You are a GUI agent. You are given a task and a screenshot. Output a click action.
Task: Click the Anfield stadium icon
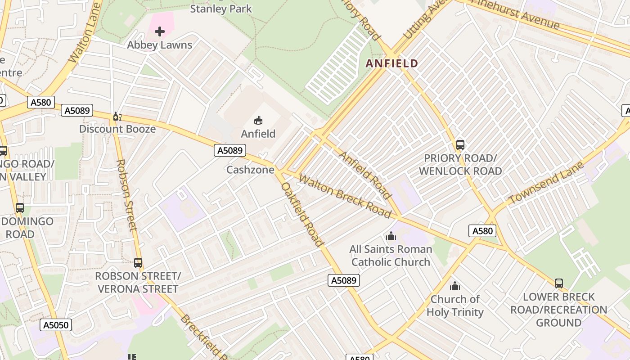point(258,120)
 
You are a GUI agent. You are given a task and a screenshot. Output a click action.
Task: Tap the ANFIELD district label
point(392,63)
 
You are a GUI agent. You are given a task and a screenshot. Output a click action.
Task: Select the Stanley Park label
point(221,9)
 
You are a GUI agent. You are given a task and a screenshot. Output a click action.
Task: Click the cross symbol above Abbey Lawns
point(160,31)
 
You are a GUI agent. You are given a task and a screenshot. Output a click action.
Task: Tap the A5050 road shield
point(56,325)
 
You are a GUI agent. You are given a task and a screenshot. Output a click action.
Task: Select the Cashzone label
point(250,170)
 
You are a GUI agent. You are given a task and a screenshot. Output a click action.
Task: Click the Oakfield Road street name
point(302,214)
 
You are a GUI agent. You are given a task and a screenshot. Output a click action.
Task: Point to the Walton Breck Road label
point(345,196)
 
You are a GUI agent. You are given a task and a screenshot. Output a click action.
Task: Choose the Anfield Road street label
point(364,175)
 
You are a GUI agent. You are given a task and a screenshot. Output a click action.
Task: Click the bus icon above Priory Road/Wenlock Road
point(460,145)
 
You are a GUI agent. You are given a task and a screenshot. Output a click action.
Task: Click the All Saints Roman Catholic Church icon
point(391,236)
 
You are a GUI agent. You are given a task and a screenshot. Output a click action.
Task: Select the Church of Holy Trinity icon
point(455,286)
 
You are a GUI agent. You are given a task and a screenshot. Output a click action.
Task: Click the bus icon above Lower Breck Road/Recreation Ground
point(558,283)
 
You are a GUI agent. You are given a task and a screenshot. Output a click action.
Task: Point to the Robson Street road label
point(126,195)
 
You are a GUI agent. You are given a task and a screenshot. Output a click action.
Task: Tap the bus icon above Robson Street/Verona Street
point(138,262)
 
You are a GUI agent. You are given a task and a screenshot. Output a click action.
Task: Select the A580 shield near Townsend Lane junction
point(482,231)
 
